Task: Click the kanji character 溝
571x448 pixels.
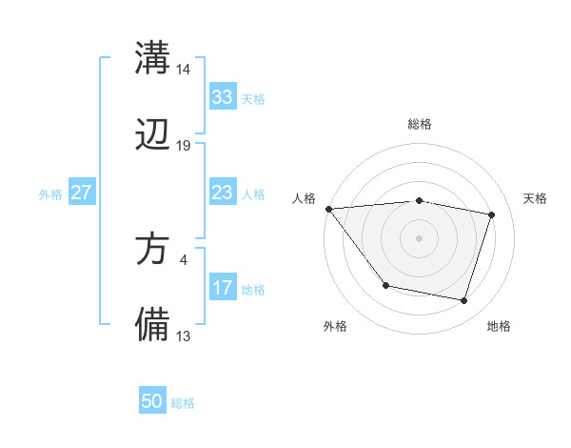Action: point(153,56)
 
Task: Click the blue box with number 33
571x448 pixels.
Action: point(222,97)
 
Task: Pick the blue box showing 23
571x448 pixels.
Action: point(222,193)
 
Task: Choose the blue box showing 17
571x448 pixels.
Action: point(222,288)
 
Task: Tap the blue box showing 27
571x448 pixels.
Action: point(81,193)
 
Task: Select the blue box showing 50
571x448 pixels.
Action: point(152,401)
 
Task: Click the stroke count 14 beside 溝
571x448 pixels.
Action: point(184,70)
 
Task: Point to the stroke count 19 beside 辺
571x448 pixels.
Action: point(184,146)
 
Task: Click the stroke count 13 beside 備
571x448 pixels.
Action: point(184,336)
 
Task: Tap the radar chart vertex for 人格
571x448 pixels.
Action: point(328,209)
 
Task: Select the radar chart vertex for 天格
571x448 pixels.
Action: point(492,214)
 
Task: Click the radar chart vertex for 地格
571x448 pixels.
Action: point(463,300)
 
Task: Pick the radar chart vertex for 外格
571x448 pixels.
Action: point(385,285)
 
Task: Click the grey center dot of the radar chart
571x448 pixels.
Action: point(419,238)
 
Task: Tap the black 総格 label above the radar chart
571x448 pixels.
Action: point(420,124)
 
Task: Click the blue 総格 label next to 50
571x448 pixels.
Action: point(184,403)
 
